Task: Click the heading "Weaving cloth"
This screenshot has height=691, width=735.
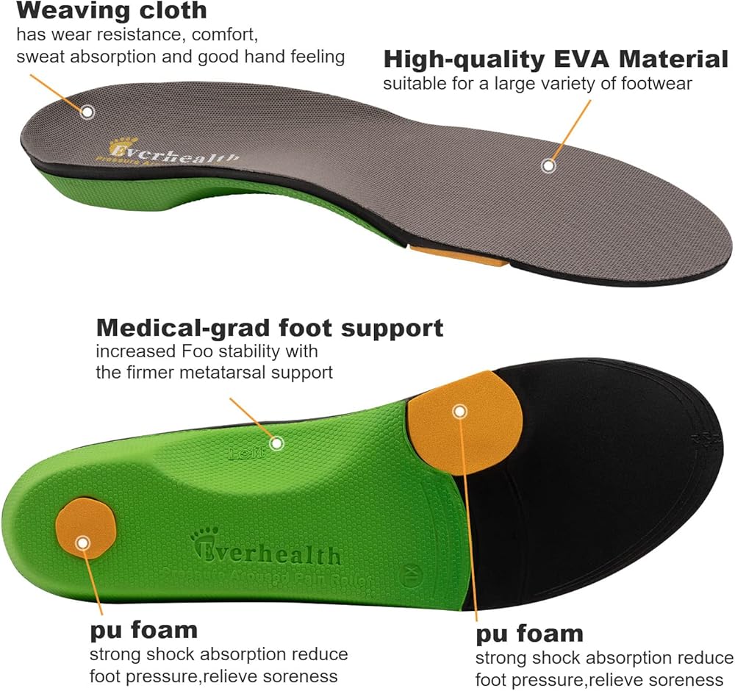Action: tap(111, 11)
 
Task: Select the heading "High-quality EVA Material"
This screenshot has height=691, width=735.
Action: tap(555, 60)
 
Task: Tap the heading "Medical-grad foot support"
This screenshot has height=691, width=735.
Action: tap(270, 328)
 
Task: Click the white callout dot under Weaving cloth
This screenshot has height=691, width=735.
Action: tap(87, 112)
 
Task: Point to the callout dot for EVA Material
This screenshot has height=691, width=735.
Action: tap(548, 166)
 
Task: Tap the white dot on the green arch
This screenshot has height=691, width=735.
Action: tap(276, 443)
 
